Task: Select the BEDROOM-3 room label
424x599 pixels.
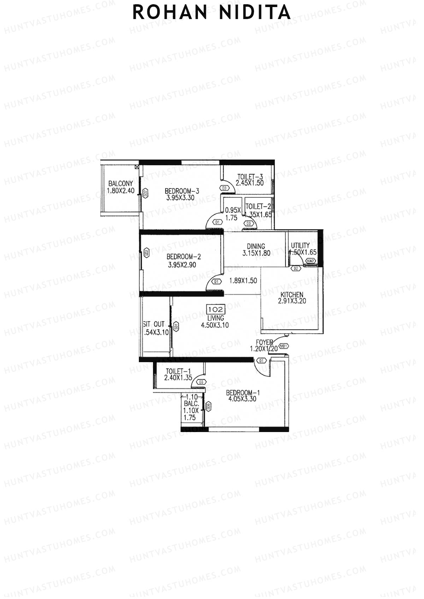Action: click(x=182, y=191)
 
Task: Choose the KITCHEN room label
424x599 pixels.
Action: click(x=291, y=295)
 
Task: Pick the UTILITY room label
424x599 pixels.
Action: click(x=300, y=245)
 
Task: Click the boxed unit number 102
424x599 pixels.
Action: click(x=216, y=310)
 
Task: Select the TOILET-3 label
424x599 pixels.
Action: click(x=250, y=176)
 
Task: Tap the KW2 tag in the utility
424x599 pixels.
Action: click(x=311, y=261)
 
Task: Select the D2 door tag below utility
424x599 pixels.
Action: click(x=296, y=269)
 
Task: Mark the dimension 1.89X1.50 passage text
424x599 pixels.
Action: click(x=243, y=281)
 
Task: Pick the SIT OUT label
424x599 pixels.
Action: click(x=154, y=324)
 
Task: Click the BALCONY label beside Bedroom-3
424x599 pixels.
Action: click(x=121, y=184)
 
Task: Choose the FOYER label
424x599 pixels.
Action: click(x=264, y=342)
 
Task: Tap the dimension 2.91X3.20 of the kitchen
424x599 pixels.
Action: click(x=292, y=301)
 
